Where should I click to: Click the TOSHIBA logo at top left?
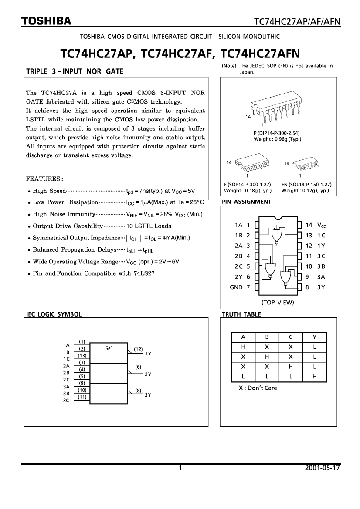click(x=47, y=20)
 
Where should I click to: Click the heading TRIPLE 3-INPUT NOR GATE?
click(x=75, y=71)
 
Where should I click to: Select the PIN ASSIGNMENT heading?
click(x=246, y=202)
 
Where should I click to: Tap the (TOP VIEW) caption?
click(x=278, y=302)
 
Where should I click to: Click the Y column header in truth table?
click(x=314, y=337)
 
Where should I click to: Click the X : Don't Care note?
click(x=258, y=388)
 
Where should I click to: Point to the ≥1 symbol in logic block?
click(x=109, y=347)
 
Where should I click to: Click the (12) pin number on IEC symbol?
click(x=138, y=349)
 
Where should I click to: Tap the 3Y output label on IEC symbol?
click(x=148, y=395)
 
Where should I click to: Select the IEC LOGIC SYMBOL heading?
click(x=54, y=314)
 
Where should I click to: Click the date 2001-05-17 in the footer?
click(x=323, y=469)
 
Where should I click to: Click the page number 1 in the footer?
click(x=180, y=469)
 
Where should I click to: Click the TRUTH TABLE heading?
click(x=241, y=314)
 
